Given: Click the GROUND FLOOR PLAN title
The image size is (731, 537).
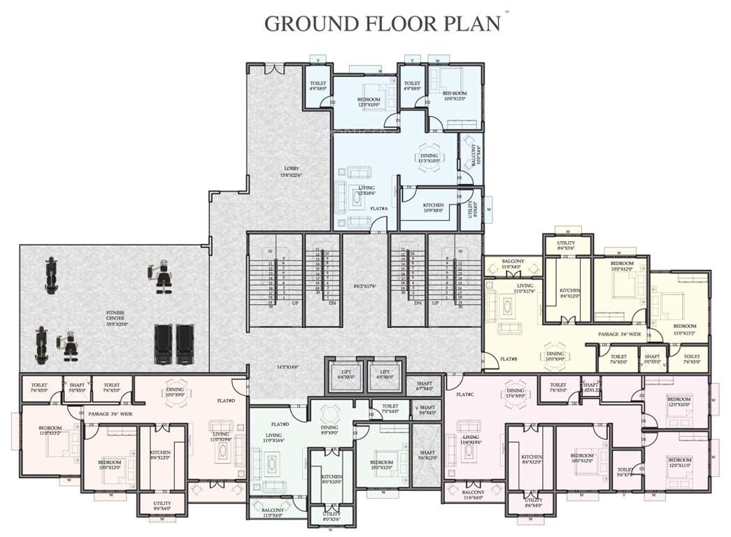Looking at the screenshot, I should (382, 23).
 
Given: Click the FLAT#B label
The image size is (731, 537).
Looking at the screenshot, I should (508, 359).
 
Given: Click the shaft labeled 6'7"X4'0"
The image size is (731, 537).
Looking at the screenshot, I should (425, 386).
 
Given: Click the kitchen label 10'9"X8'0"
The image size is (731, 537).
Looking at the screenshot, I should (433, 207).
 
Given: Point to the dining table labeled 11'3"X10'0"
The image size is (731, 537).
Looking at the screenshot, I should (429, 158).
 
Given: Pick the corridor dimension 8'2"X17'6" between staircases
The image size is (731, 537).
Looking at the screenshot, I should (364, 286).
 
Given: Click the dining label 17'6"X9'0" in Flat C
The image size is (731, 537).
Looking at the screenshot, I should (515, 393).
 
